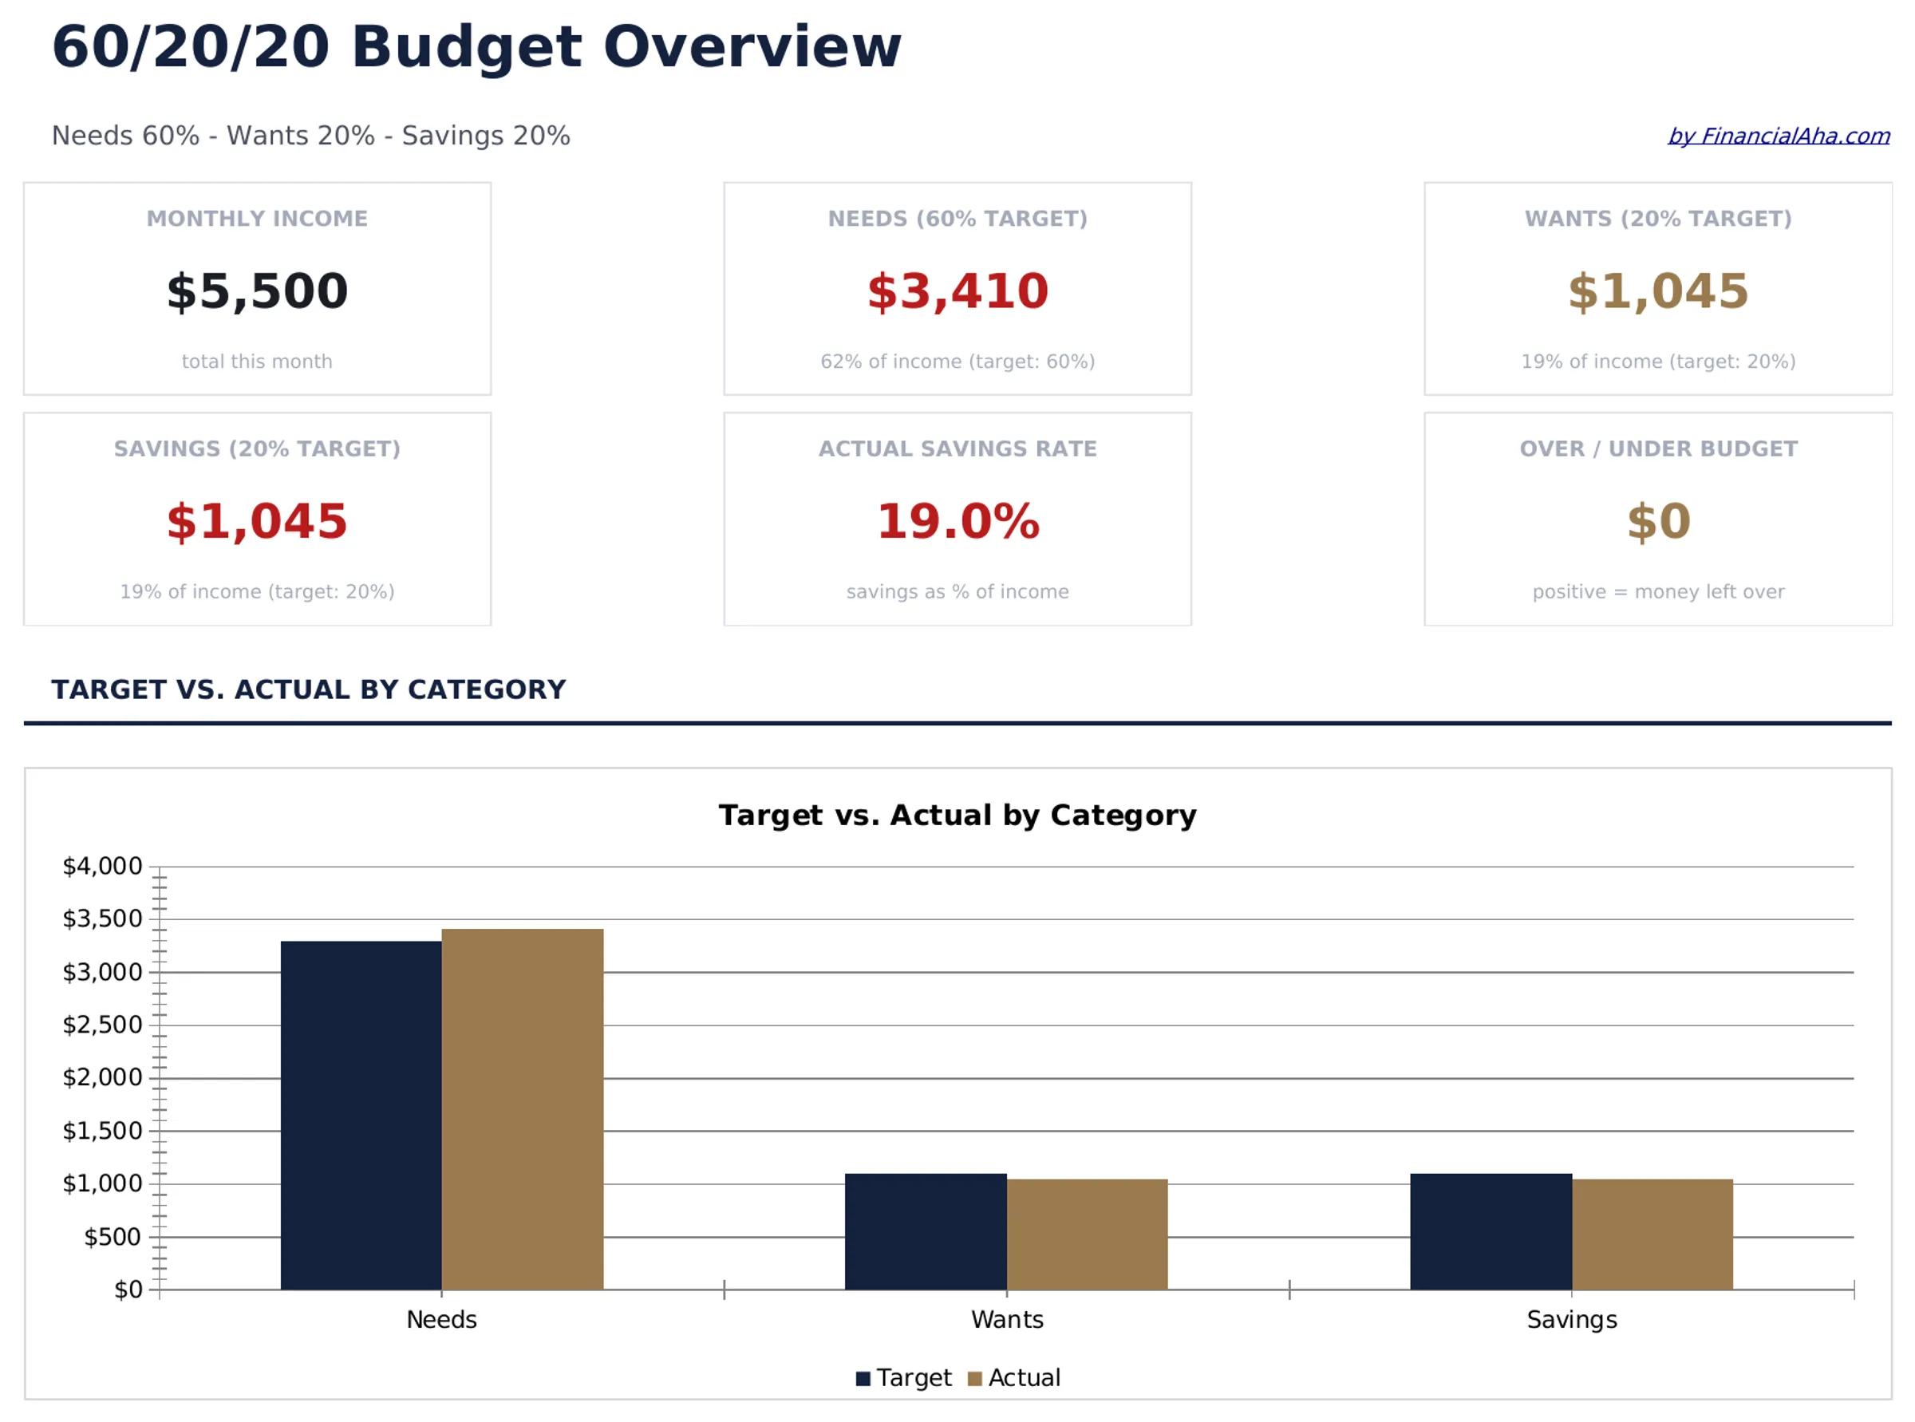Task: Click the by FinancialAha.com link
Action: [x=1777, y=136]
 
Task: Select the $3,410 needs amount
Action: [x=957, y=291]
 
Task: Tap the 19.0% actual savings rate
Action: [x=957, y=522]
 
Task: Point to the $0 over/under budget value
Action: [x=1657, y=522]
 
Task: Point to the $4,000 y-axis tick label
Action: [x=102, y=866]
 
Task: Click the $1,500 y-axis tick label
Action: [x=102, y=1130]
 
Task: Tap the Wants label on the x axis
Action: [x=1006, y=1319]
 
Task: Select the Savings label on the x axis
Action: [x=1571, y=1319]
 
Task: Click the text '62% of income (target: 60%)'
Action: [x=957, y=361]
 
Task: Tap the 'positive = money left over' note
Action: [x=1657, y=591]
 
